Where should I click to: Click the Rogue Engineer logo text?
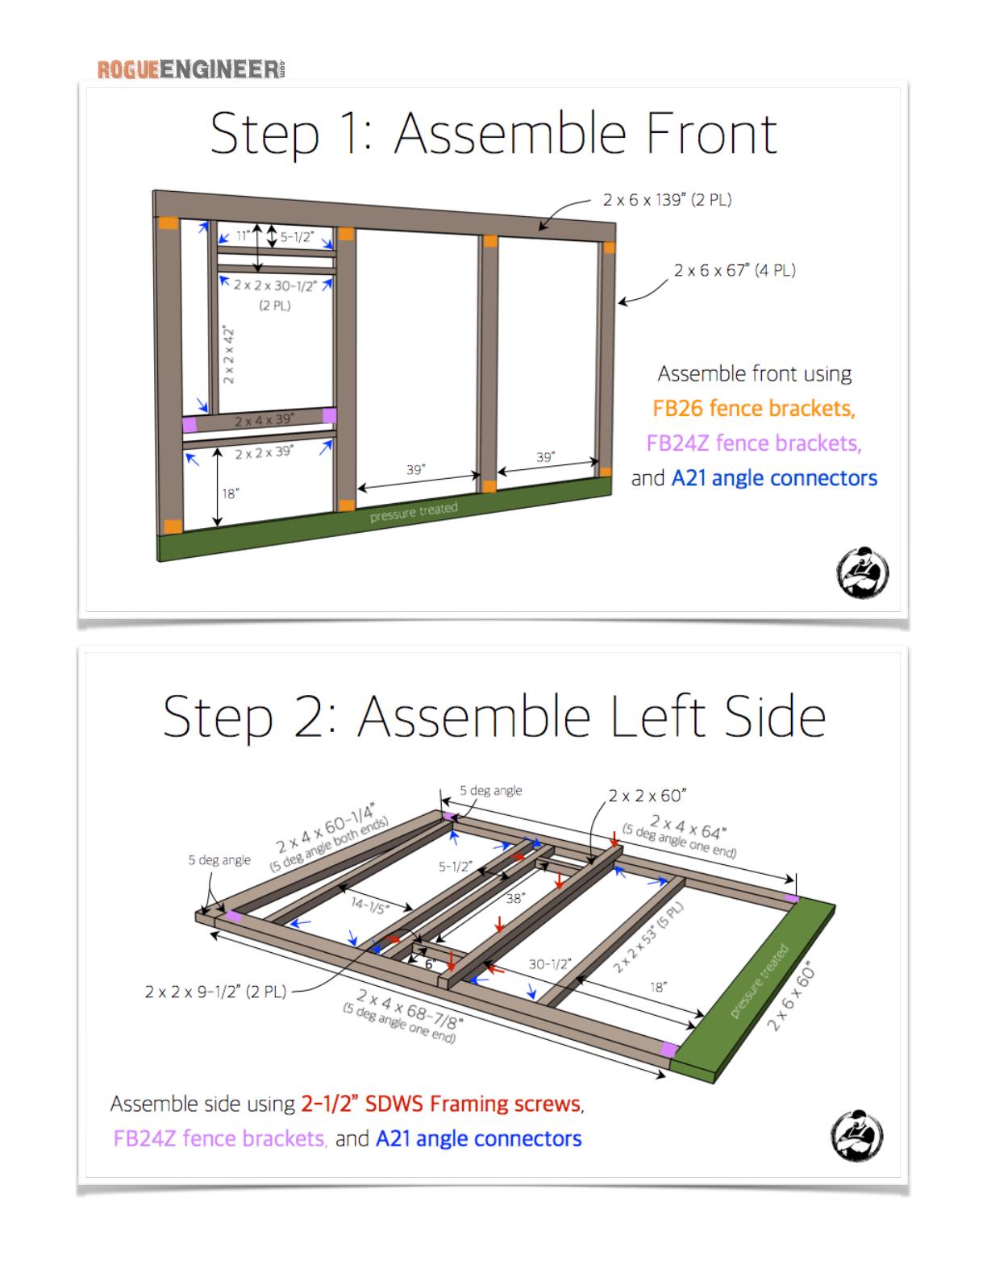pyautogui.click(x=191, y=69)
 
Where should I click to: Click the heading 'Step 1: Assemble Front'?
pyautogui.click(x=493, y=135)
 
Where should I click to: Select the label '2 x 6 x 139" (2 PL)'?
pyautogui.click(x=667, y=200)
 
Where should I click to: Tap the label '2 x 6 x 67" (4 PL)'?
pyautogui.click(x=735, y=270)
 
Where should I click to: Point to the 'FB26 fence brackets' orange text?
pyautogui.click(x=754, y=408)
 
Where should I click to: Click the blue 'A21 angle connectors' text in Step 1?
pyautogui.click(x=774, y=478)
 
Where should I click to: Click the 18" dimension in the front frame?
pyautogui.click(x=231, y=493)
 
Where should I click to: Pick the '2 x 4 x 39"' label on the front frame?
pyautogui.click(x=264, y=420)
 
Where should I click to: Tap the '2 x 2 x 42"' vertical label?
pyautogui.click(x=228, y=355)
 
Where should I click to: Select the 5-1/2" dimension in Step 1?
pyautogui.click(x=297, y=237)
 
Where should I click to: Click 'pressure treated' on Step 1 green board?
pyautogui.click(x=414, y=512)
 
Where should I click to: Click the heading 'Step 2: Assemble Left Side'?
pyautogui.click(x=493, y=716)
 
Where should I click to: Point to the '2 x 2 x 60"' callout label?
pyautogui.click(x=648, y=796)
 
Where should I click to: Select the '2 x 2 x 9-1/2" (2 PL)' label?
pyautogui.click(x=216, y=992)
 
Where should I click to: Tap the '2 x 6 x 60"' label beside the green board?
pyautogui.click(x=791, y=996)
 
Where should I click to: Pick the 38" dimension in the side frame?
pyautogui.click(x=515, y=898)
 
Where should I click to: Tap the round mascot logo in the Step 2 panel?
pyautogui.click(x=856, y=1135)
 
